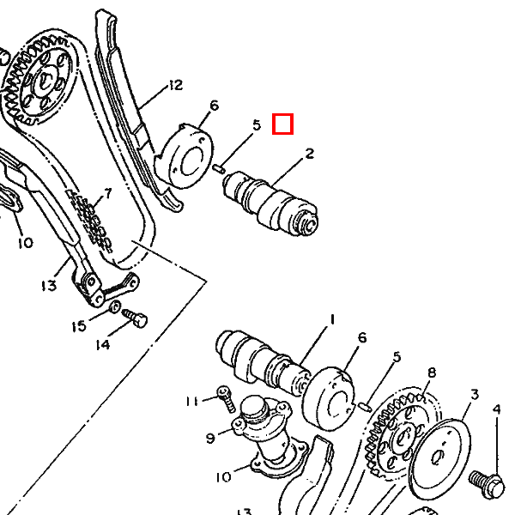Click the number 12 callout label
coord(175,85)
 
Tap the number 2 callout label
coord(309,154)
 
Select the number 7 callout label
coord(108,193)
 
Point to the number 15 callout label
coord(78,326)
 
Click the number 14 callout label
coord(103,345)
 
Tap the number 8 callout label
coord(432,373)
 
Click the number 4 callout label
coord(495,409)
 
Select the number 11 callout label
coord(193,401)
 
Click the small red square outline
coord(283,125)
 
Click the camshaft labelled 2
coord(270,202)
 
